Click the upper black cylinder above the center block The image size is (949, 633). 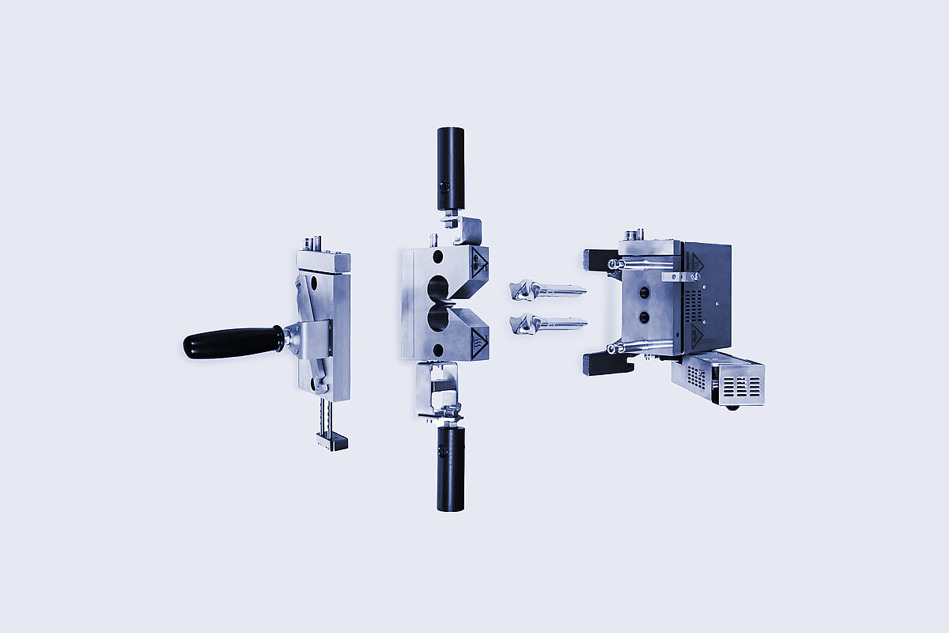tap(451, 168)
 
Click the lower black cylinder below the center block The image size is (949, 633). tap(451, 468)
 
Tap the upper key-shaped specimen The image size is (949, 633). tap(546, 291)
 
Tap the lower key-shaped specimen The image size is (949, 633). tap(546, 323)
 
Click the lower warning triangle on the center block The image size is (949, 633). tap(478, 343)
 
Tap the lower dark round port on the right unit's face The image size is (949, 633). tap(644, 317)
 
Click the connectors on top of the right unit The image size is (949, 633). tap(633, 235)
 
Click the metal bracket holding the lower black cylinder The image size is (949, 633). tap(437, 392)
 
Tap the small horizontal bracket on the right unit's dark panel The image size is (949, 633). tap(681, 276)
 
